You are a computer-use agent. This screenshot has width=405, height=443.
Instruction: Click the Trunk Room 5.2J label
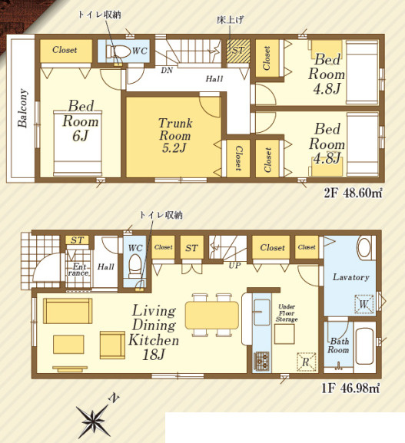[175, 135]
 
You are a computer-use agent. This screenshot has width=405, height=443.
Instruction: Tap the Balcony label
[22, 108]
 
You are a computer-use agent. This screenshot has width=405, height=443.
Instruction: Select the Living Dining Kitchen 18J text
[154, 332]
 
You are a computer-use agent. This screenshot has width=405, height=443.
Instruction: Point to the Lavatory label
[350, 277]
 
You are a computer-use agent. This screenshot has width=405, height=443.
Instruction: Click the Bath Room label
[339, 345]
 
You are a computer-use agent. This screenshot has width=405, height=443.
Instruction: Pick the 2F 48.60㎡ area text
[353, 193]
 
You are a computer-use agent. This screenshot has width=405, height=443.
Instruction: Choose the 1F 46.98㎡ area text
[350, 388]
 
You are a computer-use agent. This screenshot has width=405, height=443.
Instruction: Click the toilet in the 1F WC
[135, 266]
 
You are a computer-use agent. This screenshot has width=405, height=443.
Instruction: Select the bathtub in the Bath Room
[364, 345]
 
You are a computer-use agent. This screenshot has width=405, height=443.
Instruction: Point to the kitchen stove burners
[261, 361]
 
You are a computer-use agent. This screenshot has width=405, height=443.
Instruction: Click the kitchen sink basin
[262, 312]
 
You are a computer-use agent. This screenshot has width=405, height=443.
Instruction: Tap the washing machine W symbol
[364, 304]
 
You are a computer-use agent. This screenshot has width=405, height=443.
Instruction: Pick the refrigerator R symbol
[307, 362]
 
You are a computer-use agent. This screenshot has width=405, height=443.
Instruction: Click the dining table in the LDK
[212, 315]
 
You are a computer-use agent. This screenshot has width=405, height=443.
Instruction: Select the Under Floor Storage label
[287, 313]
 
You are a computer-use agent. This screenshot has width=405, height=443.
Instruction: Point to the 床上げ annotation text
[230, 20]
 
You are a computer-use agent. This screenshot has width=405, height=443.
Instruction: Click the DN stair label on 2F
[167, 71]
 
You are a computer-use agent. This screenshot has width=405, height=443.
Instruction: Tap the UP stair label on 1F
[234, 266]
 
